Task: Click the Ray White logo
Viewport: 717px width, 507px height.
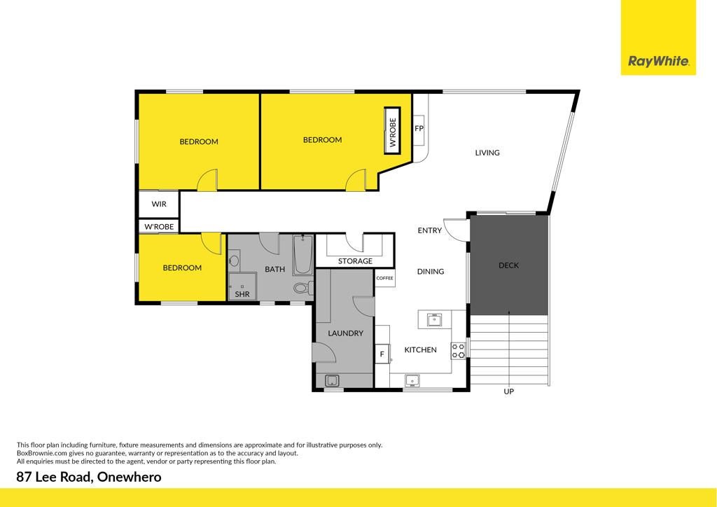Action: (x=658, y=38)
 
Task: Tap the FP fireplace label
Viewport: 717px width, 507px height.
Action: (x=419, y=128)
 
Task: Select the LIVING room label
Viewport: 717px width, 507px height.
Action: (x=487, y=153)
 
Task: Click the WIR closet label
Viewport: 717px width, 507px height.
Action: (x=159, y=204)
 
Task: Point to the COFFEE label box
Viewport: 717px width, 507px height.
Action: (x=384, y=278)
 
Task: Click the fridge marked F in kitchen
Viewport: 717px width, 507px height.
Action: (x=382, y=354)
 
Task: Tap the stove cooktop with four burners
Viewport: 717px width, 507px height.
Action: (x=458, y=351)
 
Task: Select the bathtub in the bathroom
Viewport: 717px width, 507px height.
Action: (x=302, y=255)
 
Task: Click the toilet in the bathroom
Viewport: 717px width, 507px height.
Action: (x=303, y=288)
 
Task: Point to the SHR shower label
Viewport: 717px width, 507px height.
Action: (x=242, y=294)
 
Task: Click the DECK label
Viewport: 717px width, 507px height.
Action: (x=508, y=265)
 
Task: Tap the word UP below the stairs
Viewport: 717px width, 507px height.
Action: (x=508, y=391)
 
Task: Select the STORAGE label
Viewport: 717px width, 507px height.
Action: (x=355, y=261)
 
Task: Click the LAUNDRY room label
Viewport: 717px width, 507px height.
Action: (x=345, y=333)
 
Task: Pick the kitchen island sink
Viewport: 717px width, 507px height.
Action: (x=434, y=319)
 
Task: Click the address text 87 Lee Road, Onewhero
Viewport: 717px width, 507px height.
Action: (x=89, y=478)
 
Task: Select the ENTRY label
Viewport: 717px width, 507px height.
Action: (x=429, y=230)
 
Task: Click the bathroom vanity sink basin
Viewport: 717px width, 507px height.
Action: (x=234, y=261)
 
